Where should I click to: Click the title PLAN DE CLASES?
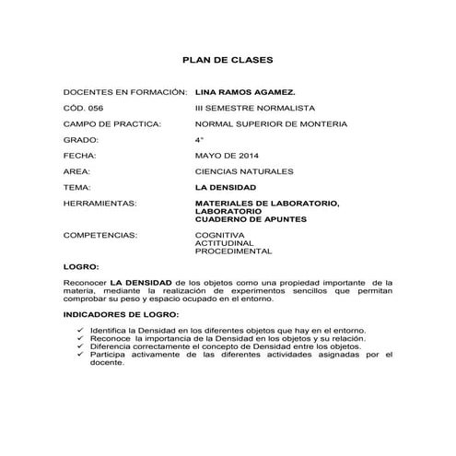pos(227,61)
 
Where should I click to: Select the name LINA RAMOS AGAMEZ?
pos(245,93)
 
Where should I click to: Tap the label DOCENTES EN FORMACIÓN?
pos(124,93)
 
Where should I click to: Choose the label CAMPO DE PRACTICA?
pos(112,123)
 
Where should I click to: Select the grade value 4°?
pos(199,139)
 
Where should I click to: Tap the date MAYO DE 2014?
pos(228,155)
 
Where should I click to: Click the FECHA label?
pos(79,155)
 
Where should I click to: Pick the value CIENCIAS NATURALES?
pos(244,170)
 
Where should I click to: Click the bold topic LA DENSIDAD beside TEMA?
pos(226,186)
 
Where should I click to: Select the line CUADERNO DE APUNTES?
pos(251,219)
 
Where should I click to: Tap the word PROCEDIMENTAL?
pos(233,251)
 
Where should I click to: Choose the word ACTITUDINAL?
pos(224,243)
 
